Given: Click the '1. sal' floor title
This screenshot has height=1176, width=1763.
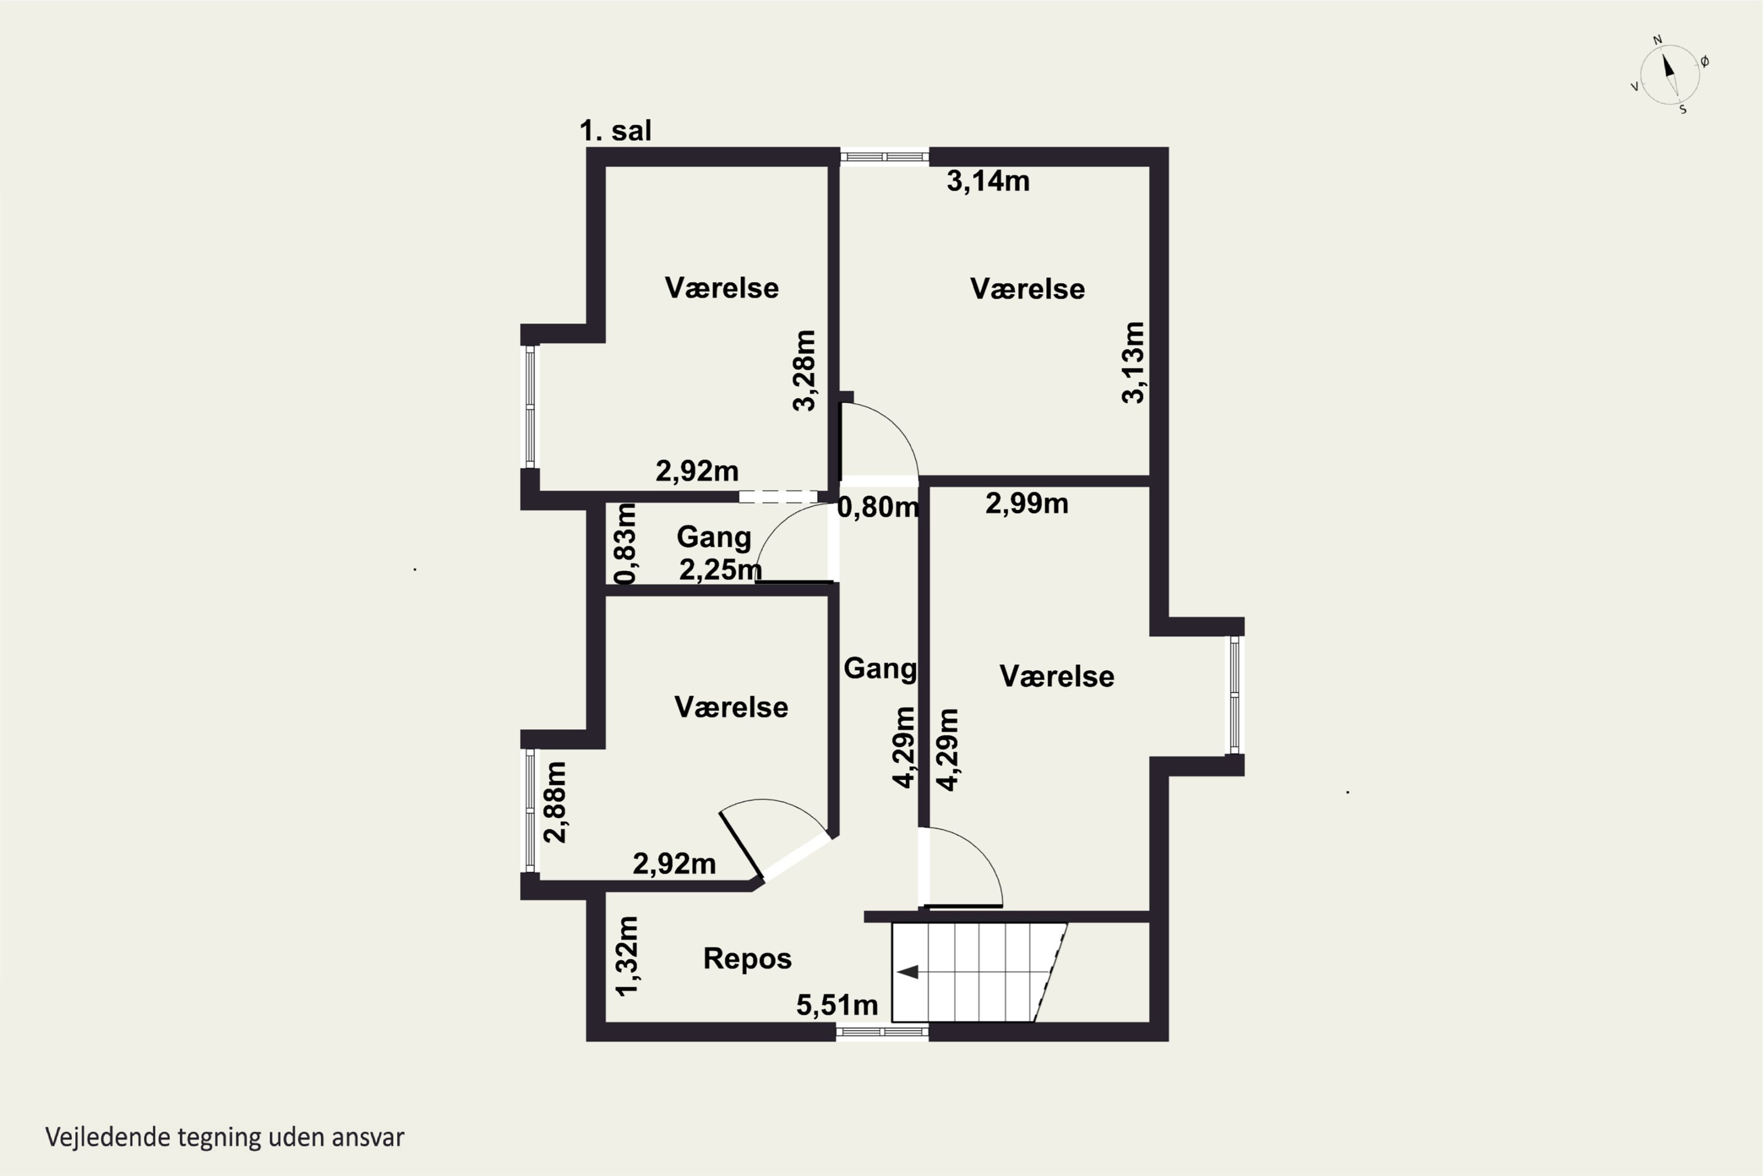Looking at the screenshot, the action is (x=615, y=131).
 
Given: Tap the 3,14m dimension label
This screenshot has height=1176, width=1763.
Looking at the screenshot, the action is (x=988, y=181).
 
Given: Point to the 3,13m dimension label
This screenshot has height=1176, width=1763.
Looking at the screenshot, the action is (x=1134, y=362).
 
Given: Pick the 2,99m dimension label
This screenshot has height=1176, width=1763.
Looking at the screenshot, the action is (x=1026, y=503).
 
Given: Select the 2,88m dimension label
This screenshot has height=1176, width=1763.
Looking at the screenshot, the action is (x=555, y=802).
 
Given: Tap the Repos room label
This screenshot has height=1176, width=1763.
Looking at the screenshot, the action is (x=748, y=958).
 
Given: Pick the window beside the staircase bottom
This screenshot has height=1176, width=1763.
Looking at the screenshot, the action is (x=882, y=1032).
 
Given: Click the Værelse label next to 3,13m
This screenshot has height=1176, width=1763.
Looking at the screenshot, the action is (x=1027, y=289).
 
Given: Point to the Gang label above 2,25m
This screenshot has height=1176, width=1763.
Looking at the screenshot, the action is (x=713, y=537).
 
